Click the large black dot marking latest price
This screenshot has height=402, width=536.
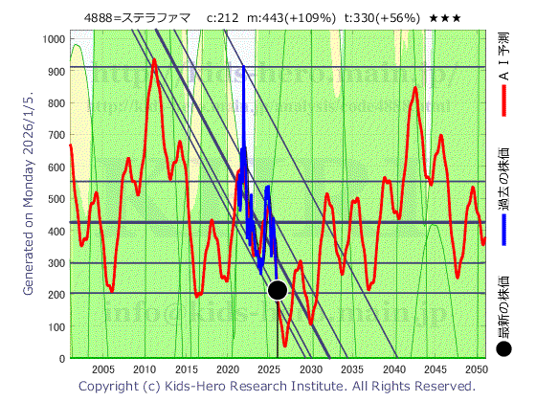coord(278,291)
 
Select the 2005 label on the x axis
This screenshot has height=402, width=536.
coord(103,369)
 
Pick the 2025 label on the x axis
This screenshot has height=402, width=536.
coord(269,369)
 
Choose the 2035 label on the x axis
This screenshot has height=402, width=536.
coord(351,369)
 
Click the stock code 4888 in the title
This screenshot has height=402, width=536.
coord(102,17)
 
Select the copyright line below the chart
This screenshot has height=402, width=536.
coord(277,386)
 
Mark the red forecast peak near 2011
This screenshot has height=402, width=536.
coord(154,61)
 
